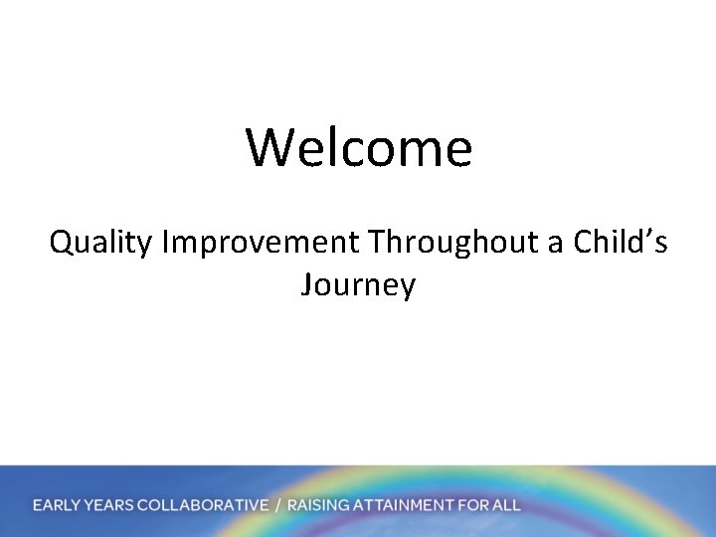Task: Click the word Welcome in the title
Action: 359,147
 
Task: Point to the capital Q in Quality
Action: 63,241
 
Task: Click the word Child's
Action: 619,241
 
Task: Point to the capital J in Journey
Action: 307,286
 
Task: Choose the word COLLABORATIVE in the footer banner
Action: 203,505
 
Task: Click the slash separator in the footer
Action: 278,505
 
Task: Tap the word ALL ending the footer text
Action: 505,505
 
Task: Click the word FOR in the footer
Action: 471,505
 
